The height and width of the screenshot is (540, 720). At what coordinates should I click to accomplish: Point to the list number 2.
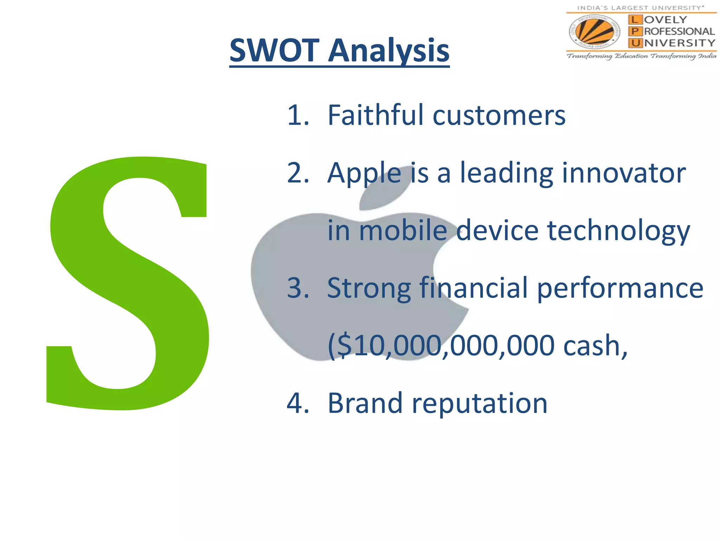coord(297,173)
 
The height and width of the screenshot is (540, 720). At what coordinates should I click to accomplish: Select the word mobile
coord(403,231)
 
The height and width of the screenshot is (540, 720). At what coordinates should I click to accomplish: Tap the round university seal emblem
coord(594,32)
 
